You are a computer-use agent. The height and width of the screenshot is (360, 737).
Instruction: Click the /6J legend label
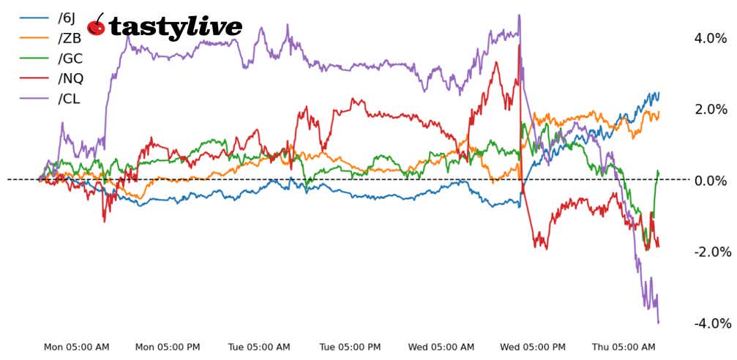[x=68, y=18]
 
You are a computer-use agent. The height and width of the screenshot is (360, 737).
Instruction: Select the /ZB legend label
[x=70, y=39]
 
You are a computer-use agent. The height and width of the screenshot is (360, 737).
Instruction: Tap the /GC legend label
[x=70, y=59]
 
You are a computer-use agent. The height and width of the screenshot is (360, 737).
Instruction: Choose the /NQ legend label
[x=71, y=78]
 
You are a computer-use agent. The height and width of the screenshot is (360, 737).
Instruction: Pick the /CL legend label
[x=70, y=98]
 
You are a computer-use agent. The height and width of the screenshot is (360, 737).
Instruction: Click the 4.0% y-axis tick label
[x=710, y=38]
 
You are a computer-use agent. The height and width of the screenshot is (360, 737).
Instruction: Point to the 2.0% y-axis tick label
[x=710, y=109]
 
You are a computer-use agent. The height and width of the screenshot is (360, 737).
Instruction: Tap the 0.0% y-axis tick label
[x=710, y=180]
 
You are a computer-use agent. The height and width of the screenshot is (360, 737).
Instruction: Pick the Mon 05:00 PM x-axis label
[x=168, y=347]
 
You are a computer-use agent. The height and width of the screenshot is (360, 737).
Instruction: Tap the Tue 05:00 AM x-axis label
[x=260, y=347]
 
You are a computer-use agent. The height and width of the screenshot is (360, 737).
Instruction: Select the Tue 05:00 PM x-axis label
[x=351, y=347]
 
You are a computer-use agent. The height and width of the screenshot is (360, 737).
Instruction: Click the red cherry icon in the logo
[x=96, y=26]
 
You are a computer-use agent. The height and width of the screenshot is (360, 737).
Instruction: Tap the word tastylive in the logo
[x=176, y=27]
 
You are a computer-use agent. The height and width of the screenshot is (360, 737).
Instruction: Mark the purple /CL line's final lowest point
[x=659, y=323]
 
